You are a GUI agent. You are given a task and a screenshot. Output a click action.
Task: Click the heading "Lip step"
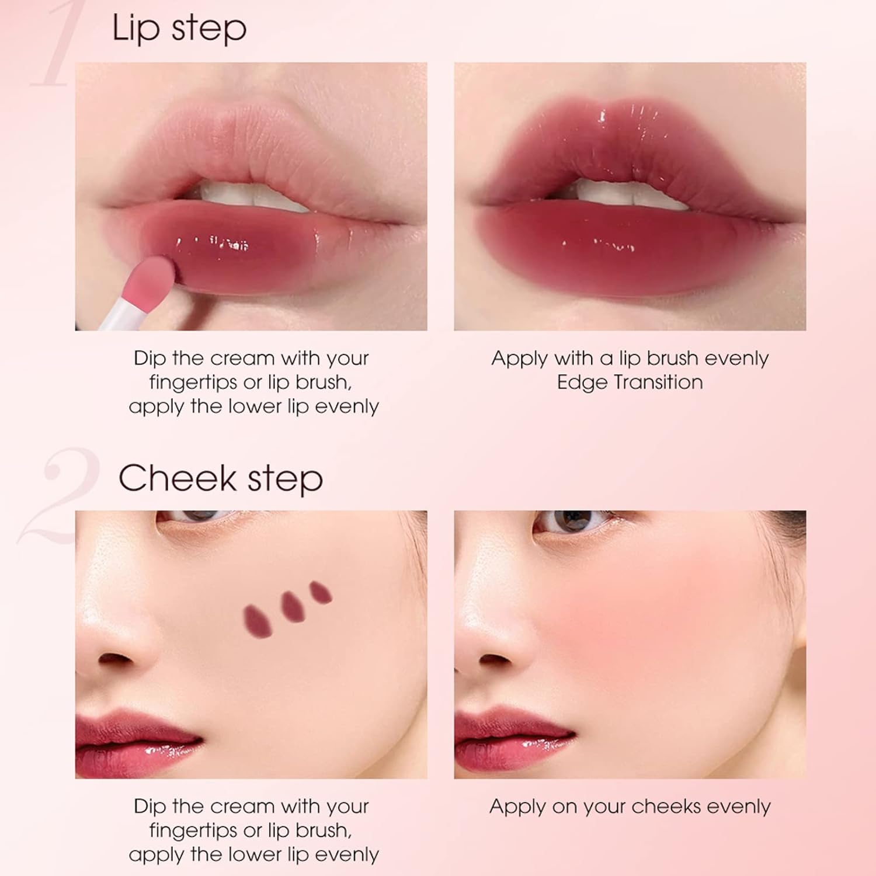[179, 28]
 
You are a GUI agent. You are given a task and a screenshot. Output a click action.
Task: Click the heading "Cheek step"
[221, 479]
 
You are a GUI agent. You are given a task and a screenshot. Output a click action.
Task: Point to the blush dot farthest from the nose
[321, 592]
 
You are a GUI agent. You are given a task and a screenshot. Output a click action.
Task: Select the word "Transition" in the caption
[659, 383]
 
